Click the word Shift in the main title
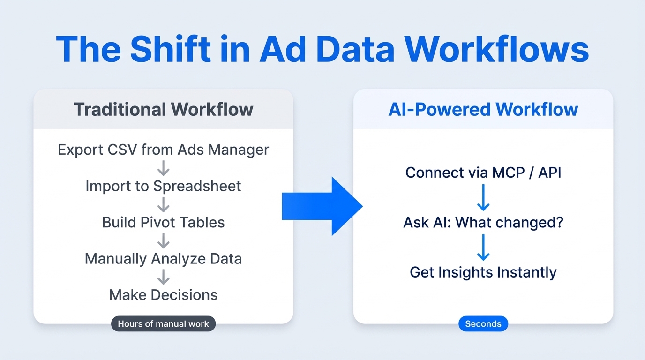tap(171, 48)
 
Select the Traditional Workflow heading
tap(163, 109)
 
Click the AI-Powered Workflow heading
tap(483, 109)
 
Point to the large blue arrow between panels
tap(322, 206)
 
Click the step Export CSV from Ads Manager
tap(163, 150)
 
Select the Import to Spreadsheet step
tap(163, 186)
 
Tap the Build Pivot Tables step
tap(163, 222)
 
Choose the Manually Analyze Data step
tap(163, 259)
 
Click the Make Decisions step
tap(163, 295)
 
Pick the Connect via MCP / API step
tap(483, 173)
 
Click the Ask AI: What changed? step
tap(483, 222)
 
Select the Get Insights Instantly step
tap(483, 272)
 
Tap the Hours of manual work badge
tap(163, 324)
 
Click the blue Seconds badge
tap(483, 324)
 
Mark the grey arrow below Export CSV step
tap(164, 168)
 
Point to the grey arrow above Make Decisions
tap(164, 277)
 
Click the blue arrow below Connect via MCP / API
tap(483, 197)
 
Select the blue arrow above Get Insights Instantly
tap(483, 247)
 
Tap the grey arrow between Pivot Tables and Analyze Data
tap(164, 241)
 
